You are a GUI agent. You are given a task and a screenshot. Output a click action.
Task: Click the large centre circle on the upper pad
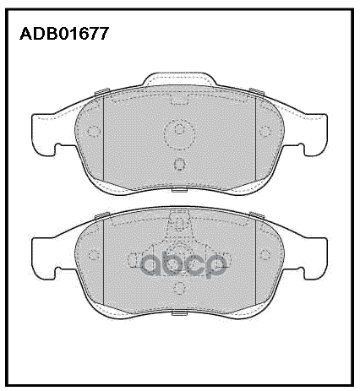[x=178, y=132]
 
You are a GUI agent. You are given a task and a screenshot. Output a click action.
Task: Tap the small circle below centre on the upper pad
[x=178, y=165]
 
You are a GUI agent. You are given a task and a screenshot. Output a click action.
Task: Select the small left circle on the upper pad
[x=94, y=132]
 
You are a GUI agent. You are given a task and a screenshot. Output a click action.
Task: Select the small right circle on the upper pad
[x=263, y=132]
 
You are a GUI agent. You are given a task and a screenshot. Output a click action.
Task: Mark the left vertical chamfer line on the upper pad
[x=103, y=135]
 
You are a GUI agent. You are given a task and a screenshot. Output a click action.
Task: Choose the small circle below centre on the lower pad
[x=178, y=290]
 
